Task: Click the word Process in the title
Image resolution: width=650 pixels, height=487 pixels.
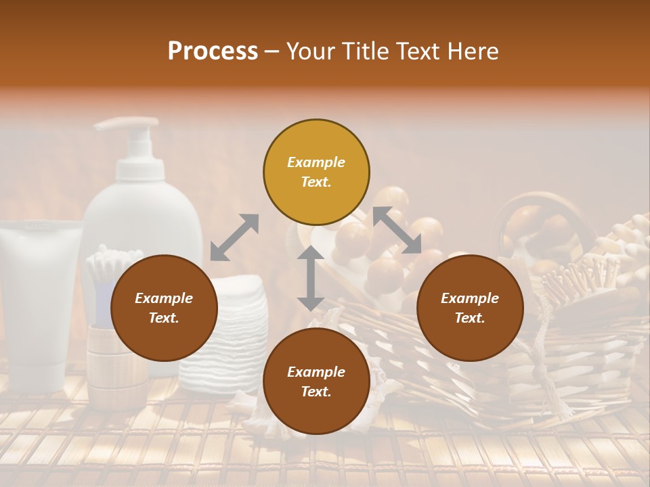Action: (213, 51)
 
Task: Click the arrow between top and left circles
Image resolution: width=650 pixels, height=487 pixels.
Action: (234, 237)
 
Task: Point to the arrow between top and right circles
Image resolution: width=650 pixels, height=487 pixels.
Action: (397, 230)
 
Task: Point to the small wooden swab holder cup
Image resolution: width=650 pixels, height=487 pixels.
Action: (115, 365)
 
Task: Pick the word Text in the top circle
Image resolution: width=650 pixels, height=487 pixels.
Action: (316, 182)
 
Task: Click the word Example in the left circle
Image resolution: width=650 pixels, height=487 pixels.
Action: (164, 298)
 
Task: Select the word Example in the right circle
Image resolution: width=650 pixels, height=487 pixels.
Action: (470, 298)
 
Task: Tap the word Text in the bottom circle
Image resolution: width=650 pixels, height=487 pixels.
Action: (316, 392)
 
